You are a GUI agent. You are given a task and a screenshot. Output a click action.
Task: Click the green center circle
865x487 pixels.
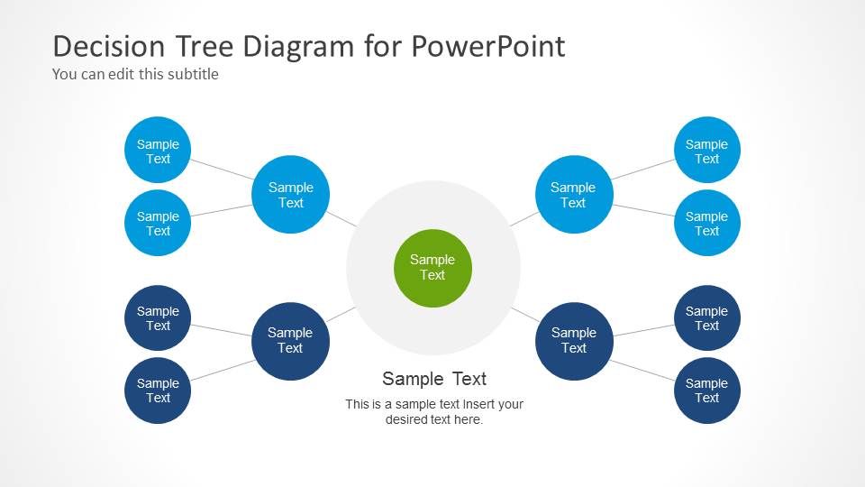tap(432, 268)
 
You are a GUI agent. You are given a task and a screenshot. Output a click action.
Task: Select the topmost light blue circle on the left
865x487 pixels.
tap(158, 151)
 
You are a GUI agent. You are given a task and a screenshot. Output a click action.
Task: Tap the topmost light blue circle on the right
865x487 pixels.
tap(706, 151)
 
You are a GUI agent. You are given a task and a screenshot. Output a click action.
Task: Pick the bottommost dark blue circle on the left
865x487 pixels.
tap(158, 391)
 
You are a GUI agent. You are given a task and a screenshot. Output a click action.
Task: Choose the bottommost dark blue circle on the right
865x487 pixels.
tap(706, 391)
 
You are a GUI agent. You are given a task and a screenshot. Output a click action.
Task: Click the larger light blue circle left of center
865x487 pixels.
tap(290, 195)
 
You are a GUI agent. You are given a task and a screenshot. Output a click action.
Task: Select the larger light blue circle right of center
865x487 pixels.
tap(573, 195)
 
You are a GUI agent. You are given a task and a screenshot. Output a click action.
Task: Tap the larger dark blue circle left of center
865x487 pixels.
tap(290, 340)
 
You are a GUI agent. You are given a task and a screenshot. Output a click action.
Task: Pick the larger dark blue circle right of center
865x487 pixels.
tap(573, 340)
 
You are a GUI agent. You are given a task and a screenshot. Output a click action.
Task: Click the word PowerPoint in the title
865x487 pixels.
tap(487, 46)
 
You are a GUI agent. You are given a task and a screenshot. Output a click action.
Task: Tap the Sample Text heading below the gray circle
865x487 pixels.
tap(433, 379)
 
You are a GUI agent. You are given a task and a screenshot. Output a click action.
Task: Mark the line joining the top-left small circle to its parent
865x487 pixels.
tap(222, 169)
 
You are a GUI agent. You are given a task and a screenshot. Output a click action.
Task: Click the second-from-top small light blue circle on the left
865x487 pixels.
tap(158, 223)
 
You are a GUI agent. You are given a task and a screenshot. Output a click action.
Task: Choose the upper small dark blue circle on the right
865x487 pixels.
tap(706, 318)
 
